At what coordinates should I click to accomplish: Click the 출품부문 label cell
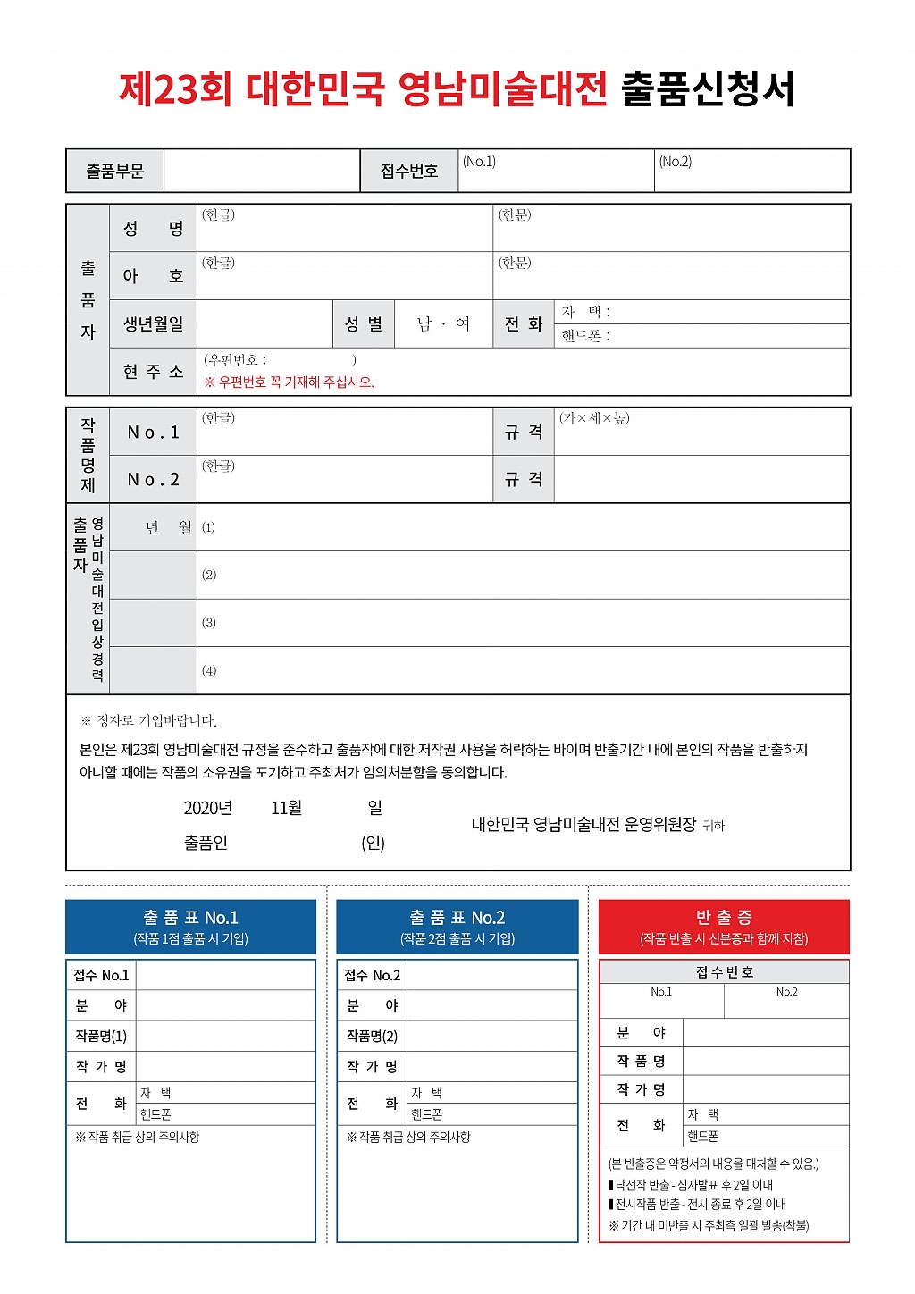point(114,171)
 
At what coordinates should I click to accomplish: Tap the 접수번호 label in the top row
point(409,171)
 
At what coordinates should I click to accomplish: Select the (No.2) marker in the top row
point(676,162)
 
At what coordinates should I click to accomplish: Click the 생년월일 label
point(153,323)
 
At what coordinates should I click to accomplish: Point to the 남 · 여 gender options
point(443,323)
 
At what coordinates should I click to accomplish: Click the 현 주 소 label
point(153,372)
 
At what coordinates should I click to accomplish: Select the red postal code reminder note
point(290,382)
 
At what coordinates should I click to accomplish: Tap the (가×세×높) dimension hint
point(594,418)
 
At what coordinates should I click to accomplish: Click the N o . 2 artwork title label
point(153,480)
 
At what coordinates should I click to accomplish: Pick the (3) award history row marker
point(209,623)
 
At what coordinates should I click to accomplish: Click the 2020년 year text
point(208,808)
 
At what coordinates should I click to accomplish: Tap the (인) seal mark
point(374,843)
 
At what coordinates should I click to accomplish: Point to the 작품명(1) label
point(101,1036)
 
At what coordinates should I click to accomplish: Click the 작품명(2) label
point(372,1036)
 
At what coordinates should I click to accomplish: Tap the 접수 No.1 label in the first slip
point(101,975)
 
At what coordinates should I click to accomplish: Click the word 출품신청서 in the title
point(708,89)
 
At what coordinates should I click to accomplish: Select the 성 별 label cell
point(363,323)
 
